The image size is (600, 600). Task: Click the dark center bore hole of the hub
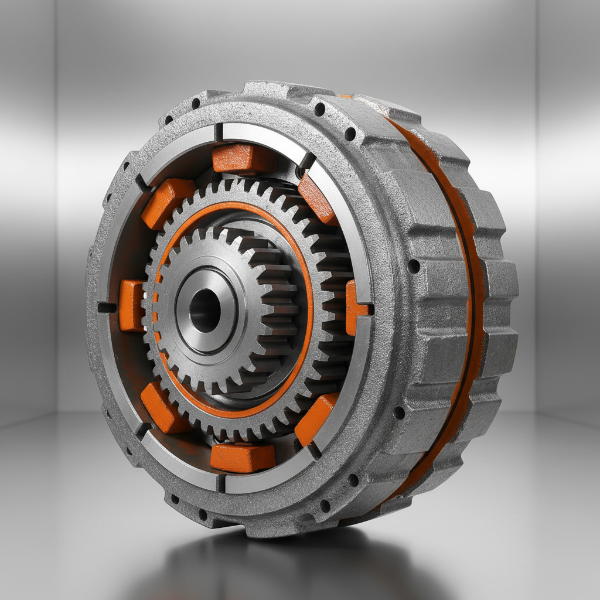pos(204,310)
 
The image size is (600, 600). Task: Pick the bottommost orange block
pos(242,457)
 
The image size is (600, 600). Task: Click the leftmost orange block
pos(131,305)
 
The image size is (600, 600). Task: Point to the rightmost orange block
pos(353,308)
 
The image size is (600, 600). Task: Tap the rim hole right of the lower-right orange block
pos(399,412)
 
